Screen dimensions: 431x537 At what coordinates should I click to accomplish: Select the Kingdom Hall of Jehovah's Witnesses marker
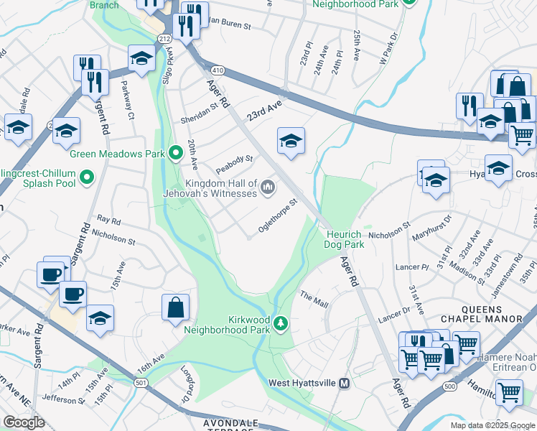[268, 187]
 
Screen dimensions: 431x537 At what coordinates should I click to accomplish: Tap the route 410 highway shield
[218, 70]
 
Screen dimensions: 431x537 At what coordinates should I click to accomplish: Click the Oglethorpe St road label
[278, 215]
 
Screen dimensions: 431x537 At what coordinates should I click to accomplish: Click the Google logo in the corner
[24, 422]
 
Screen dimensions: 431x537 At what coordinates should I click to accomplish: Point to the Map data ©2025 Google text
[492, 425]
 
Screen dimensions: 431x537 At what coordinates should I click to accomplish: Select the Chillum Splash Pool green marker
[88, 176]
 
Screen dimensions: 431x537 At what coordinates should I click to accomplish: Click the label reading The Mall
[314, 300]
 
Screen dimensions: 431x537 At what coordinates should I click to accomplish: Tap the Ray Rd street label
[108, 221]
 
